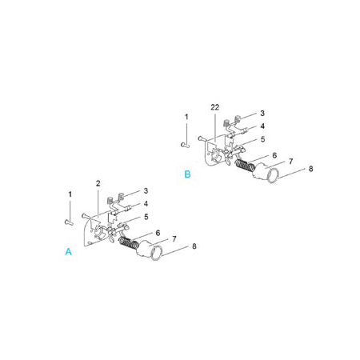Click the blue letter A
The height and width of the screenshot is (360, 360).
[x=69, y=251]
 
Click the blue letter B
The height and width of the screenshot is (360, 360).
[x=187, y=174]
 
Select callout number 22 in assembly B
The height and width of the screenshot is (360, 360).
[x=214, y=107]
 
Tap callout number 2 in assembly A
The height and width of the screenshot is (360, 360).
[x=98, y=183]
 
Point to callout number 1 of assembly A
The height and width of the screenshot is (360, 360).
[x=70, y=194]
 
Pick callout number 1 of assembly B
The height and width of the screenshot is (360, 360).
[x=186, y=117]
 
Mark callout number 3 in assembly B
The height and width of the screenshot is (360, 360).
[x=262, y=114]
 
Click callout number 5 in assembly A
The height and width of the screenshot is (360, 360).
[x=146, y=217]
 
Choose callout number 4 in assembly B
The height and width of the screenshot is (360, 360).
[x=262, y=126]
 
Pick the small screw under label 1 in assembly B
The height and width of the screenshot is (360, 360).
[x=186, y=145]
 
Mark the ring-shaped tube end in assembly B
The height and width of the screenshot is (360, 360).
[x=273, y=176]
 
